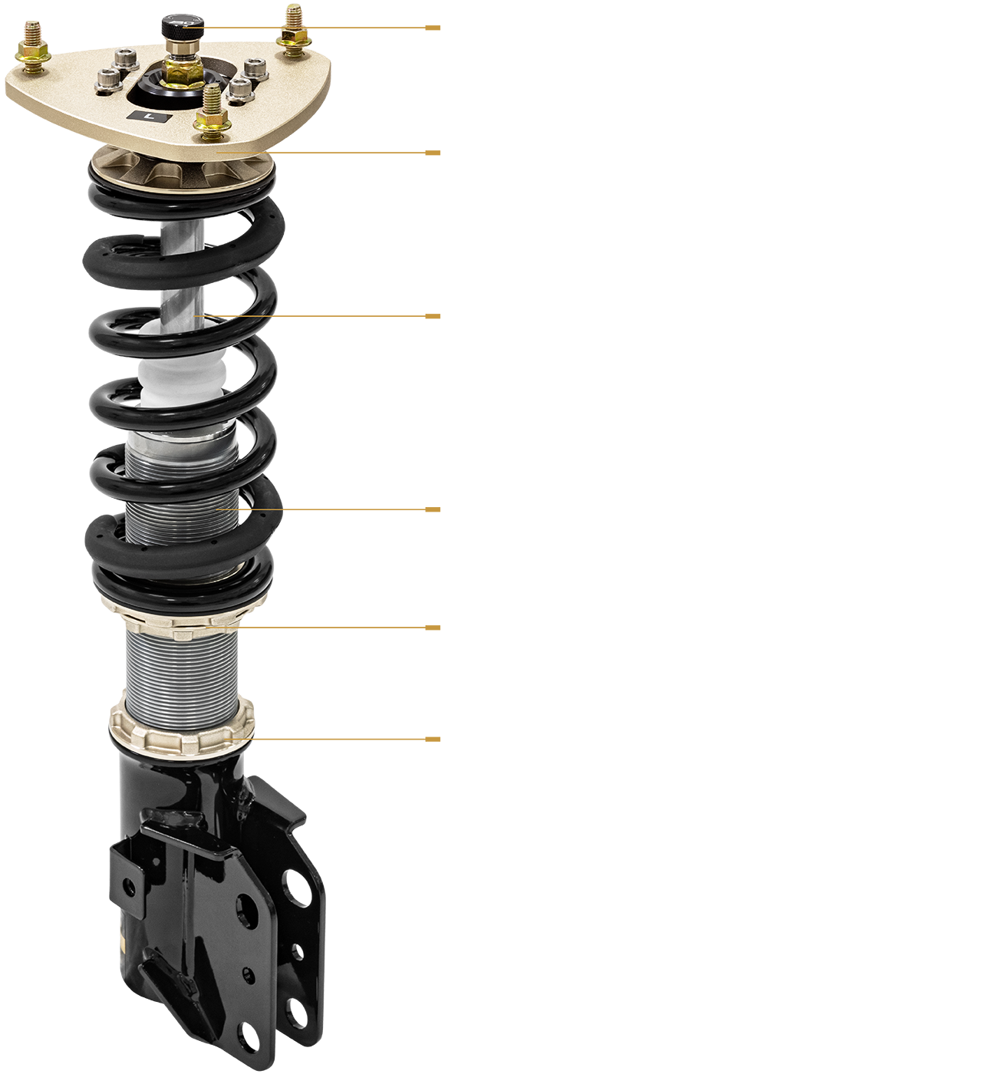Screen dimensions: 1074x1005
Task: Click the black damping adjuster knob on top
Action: [182, 31]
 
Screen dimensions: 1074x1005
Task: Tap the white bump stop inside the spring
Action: [183, 376]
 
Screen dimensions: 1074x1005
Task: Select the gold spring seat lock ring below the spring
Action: [184, 618]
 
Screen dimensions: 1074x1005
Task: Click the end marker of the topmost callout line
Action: [433, 28]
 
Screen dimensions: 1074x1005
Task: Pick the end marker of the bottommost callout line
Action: [433, 739]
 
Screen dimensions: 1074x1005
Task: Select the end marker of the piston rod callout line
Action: [433, 316]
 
